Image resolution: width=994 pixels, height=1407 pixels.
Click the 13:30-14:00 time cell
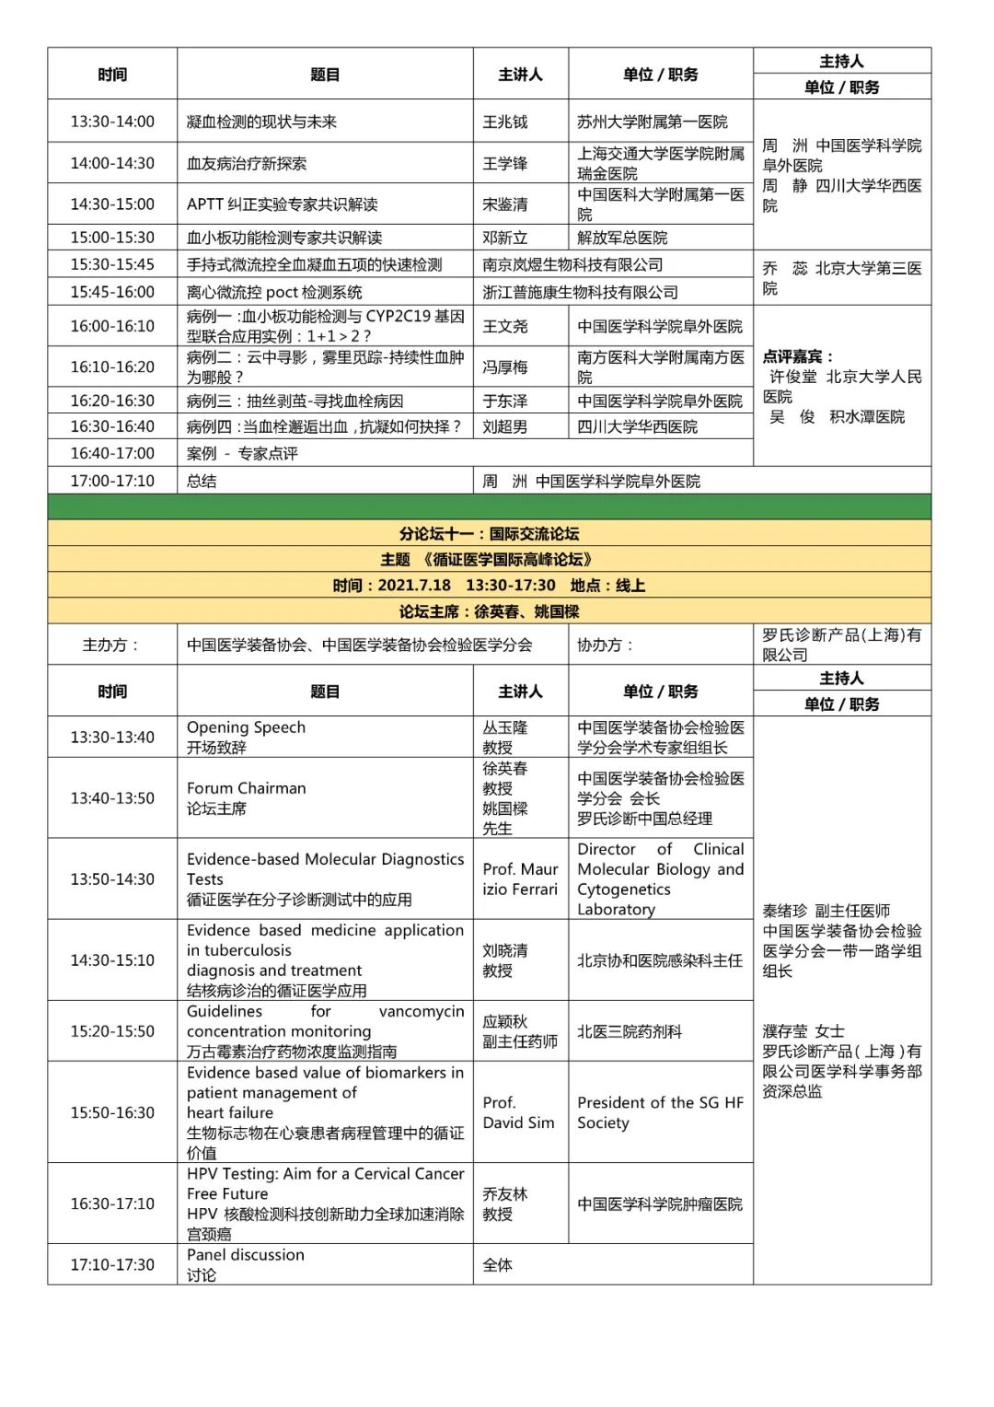(x=112, y=122)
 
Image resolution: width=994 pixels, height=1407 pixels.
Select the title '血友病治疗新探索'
(x=247, y=163)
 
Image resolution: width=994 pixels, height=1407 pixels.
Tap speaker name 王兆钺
(x=505, y=122)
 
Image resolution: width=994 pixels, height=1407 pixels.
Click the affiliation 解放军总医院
(x=622, y=238)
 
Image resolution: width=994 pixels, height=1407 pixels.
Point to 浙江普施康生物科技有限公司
(x=580, y=292)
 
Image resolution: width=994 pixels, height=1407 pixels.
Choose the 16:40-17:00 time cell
(x=112, y=453)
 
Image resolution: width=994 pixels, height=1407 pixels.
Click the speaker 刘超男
(x=505, y=426)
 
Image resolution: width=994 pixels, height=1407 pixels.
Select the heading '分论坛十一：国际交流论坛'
(x=489, y=533)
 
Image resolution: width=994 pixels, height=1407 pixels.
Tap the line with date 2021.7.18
(x=489, y=585)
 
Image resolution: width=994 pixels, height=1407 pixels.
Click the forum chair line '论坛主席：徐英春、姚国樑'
(x=489, y=611)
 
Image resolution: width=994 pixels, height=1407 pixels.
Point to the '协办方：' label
(x=605, y=645)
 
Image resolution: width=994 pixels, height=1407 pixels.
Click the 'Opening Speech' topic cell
(x=246, y=737)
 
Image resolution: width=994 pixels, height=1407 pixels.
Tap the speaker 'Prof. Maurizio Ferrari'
(x=520, y=878)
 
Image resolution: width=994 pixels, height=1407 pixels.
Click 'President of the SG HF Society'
(x=660, y=1112)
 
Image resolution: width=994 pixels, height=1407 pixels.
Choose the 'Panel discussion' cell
(x=245, y=1264)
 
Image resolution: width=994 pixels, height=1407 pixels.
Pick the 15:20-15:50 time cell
(x=112, y=1031)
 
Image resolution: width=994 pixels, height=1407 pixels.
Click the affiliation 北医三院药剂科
(x=630, y=1031)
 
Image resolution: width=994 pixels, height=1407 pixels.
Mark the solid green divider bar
(x=489, y=506)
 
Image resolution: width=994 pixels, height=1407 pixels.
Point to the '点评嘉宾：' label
(x=797, y=356)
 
